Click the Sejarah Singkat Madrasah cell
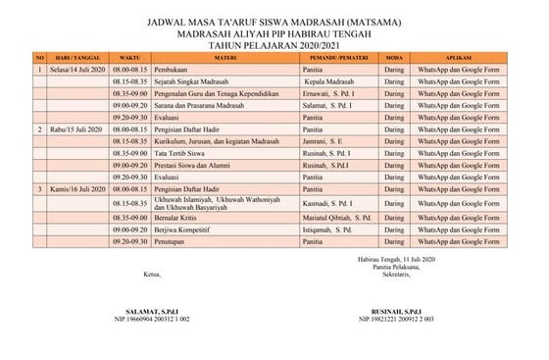click(188, 82)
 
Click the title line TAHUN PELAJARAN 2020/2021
click(274, 42)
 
